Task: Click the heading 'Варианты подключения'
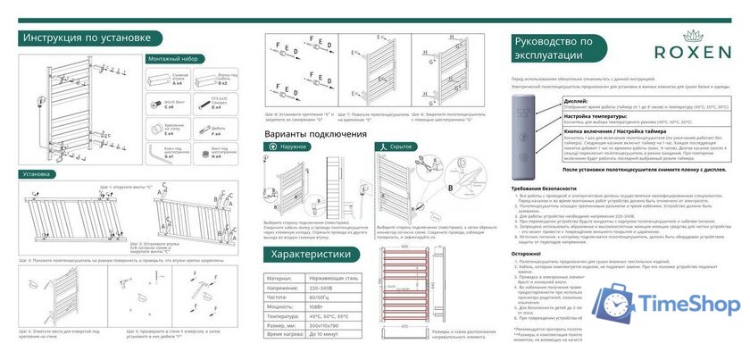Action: [318, 132]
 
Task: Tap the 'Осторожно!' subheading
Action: [527, 253]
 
